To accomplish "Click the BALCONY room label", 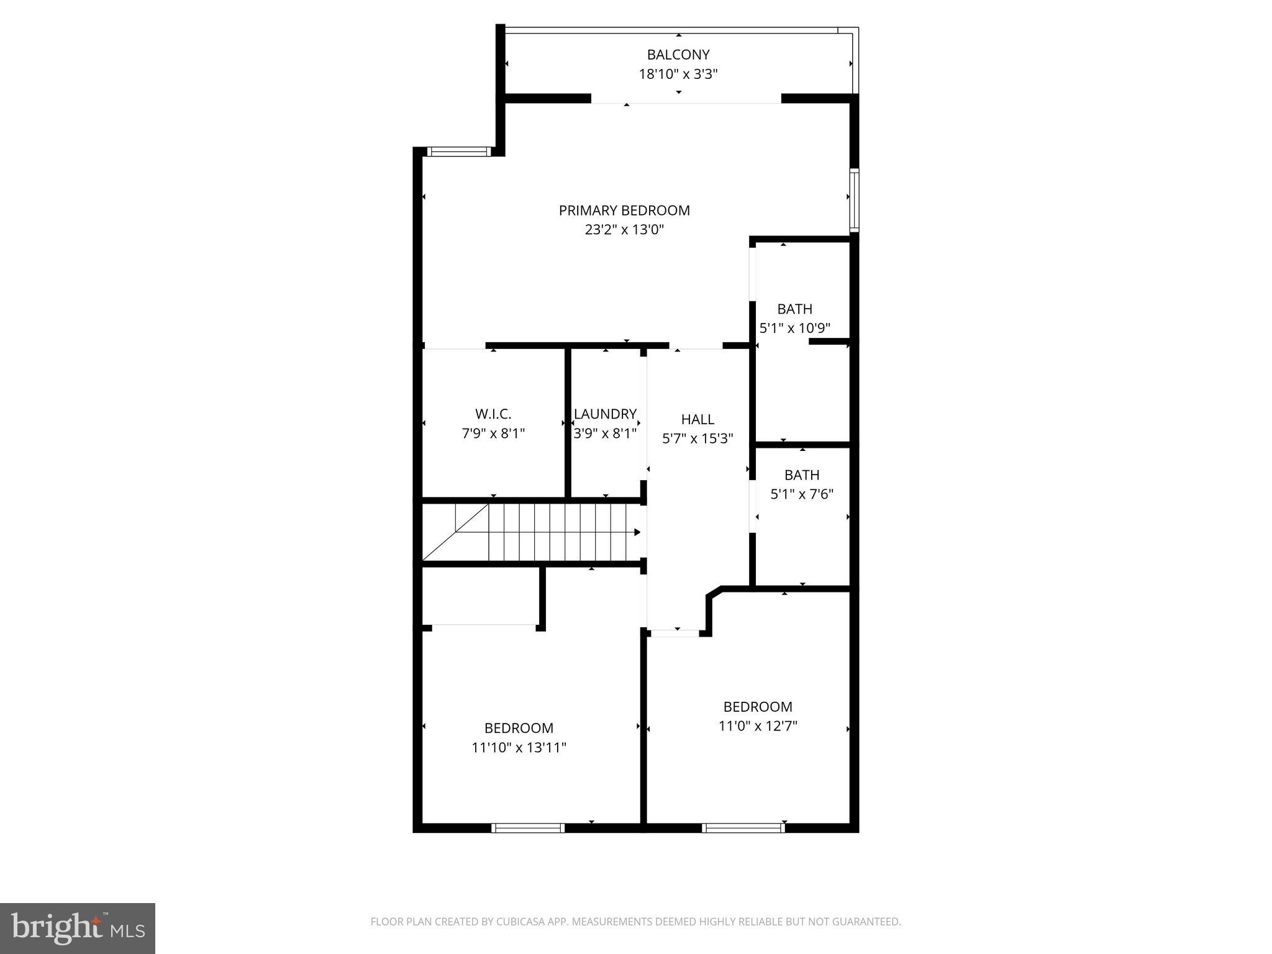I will pos(678,55).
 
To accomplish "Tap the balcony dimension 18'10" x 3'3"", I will pos(678,75).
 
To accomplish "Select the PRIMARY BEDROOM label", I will pos(624,211).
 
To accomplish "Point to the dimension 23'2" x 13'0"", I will pos(624,230).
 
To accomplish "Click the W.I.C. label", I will pos(493,414).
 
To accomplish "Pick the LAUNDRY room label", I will pos(605,414).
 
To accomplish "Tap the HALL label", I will pos(697,419).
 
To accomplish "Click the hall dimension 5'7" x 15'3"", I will pos(697,438).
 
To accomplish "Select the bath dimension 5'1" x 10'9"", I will pos(795,328).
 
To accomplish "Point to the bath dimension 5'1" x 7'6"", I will pos(802,494).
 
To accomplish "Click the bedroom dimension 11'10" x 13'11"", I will pos(519,747).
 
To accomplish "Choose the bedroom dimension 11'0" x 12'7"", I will pos(758,726).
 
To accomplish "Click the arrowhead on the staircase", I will pos(637,532).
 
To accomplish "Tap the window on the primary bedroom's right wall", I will pos(855,200).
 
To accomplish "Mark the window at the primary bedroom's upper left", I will pos(459,151).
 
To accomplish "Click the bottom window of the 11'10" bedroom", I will pos(527,827).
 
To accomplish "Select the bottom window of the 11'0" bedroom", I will pos(743,827).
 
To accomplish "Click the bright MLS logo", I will pos(78,929).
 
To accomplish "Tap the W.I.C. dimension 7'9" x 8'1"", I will pos(493,434).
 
